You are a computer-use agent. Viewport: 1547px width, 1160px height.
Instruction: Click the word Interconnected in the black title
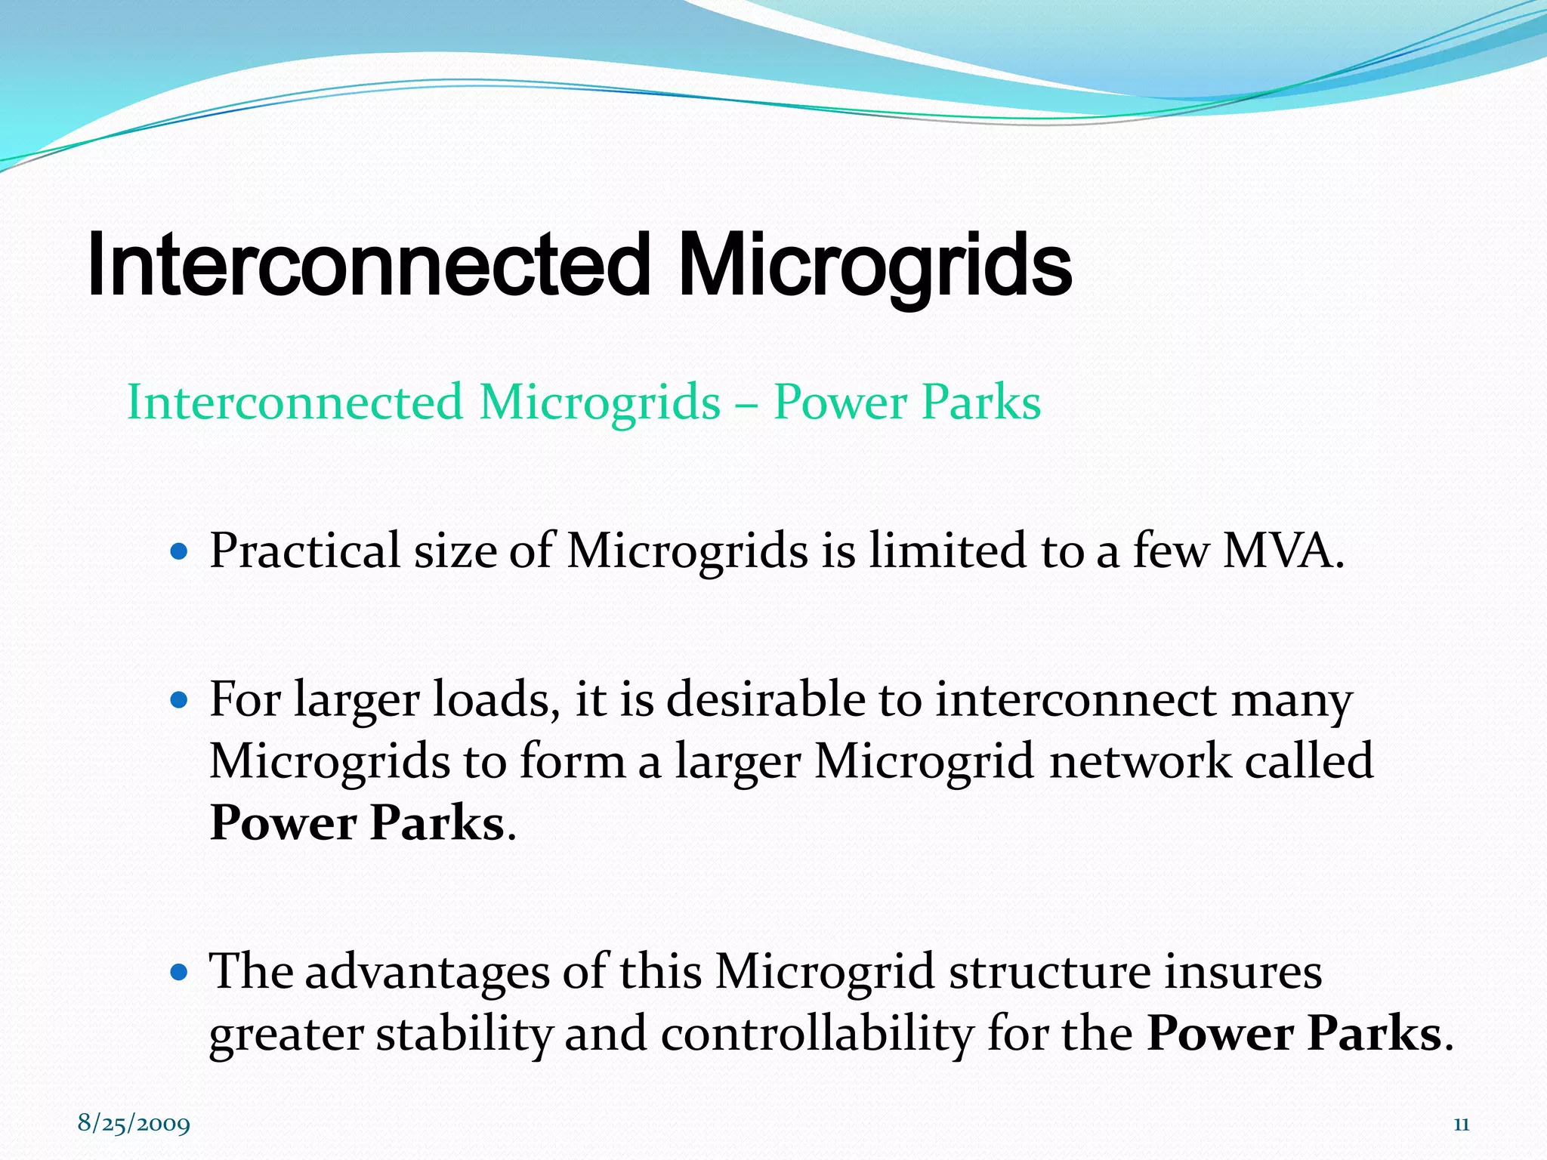369,264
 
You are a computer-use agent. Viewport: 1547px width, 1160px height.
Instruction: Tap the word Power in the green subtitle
839,402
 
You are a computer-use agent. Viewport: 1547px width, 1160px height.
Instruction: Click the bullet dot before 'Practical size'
179,552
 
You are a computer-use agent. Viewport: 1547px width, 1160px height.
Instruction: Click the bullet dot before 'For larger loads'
179,701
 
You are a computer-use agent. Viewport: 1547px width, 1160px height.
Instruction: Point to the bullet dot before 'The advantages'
179,973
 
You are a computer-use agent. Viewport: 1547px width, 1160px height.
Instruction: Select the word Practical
304,551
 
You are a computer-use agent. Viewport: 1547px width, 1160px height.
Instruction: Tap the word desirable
765,699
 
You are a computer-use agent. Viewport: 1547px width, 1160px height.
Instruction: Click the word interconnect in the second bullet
1076,699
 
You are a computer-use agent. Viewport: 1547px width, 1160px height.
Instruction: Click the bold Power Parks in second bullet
357,823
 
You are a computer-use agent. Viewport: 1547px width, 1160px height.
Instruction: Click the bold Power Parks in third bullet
1294,1033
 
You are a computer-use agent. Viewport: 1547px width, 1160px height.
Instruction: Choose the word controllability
817,1033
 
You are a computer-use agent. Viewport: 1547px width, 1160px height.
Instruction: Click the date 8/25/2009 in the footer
134,1123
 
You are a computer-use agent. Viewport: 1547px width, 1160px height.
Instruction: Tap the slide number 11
1461,1125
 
